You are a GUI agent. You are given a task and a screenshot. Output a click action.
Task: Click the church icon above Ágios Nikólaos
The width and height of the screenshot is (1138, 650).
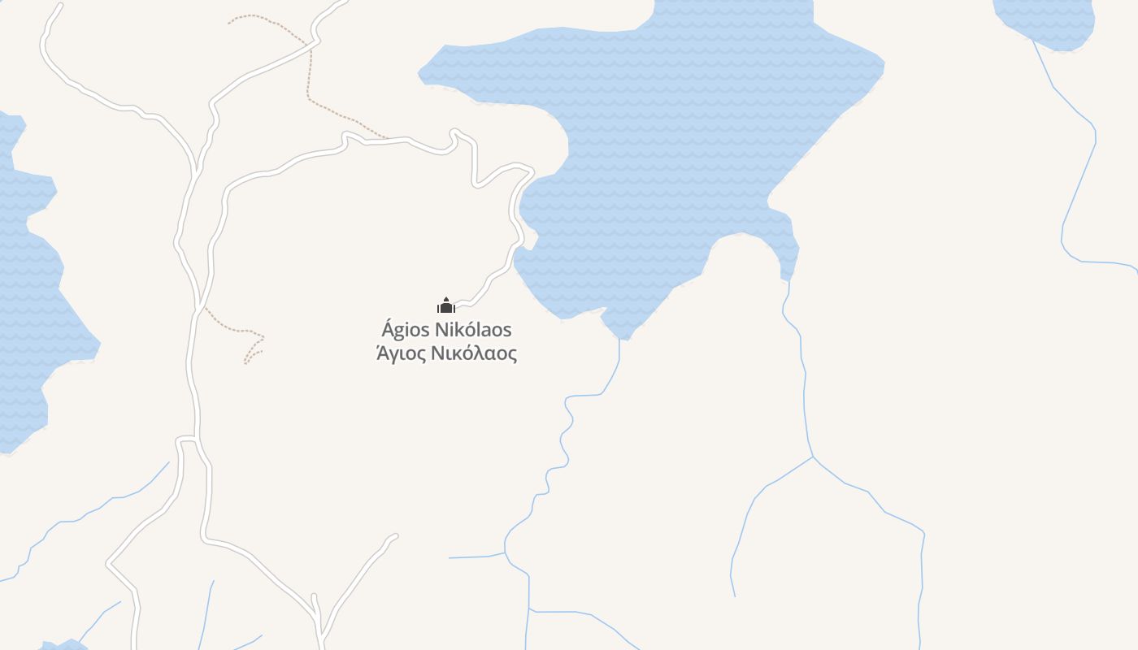tap(445, 305)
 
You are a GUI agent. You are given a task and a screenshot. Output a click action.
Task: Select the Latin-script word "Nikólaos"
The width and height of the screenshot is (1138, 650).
tap(475, 330)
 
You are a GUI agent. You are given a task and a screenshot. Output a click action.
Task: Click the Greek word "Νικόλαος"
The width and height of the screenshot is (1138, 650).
tap(474, 353)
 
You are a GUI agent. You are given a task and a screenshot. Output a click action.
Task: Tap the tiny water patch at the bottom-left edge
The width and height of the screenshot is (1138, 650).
tap(63, 645)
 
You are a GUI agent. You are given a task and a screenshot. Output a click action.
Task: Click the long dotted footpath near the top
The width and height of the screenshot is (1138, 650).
tap(310, 73)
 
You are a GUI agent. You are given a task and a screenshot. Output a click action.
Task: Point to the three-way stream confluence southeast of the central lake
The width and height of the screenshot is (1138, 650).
tap(813, 457)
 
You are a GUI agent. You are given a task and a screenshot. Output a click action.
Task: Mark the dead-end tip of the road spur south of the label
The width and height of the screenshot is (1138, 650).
tap(395, 535)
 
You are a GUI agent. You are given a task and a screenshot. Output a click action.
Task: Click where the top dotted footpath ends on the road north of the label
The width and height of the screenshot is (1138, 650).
tap(387, 138)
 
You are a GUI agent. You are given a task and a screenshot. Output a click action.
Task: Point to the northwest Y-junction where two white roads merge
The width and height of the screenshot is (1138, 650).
tap(197, 172)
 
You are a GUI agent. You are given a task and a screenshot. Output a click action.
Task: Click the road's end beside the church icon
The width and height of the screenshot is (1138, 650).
tap(457, 307)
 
